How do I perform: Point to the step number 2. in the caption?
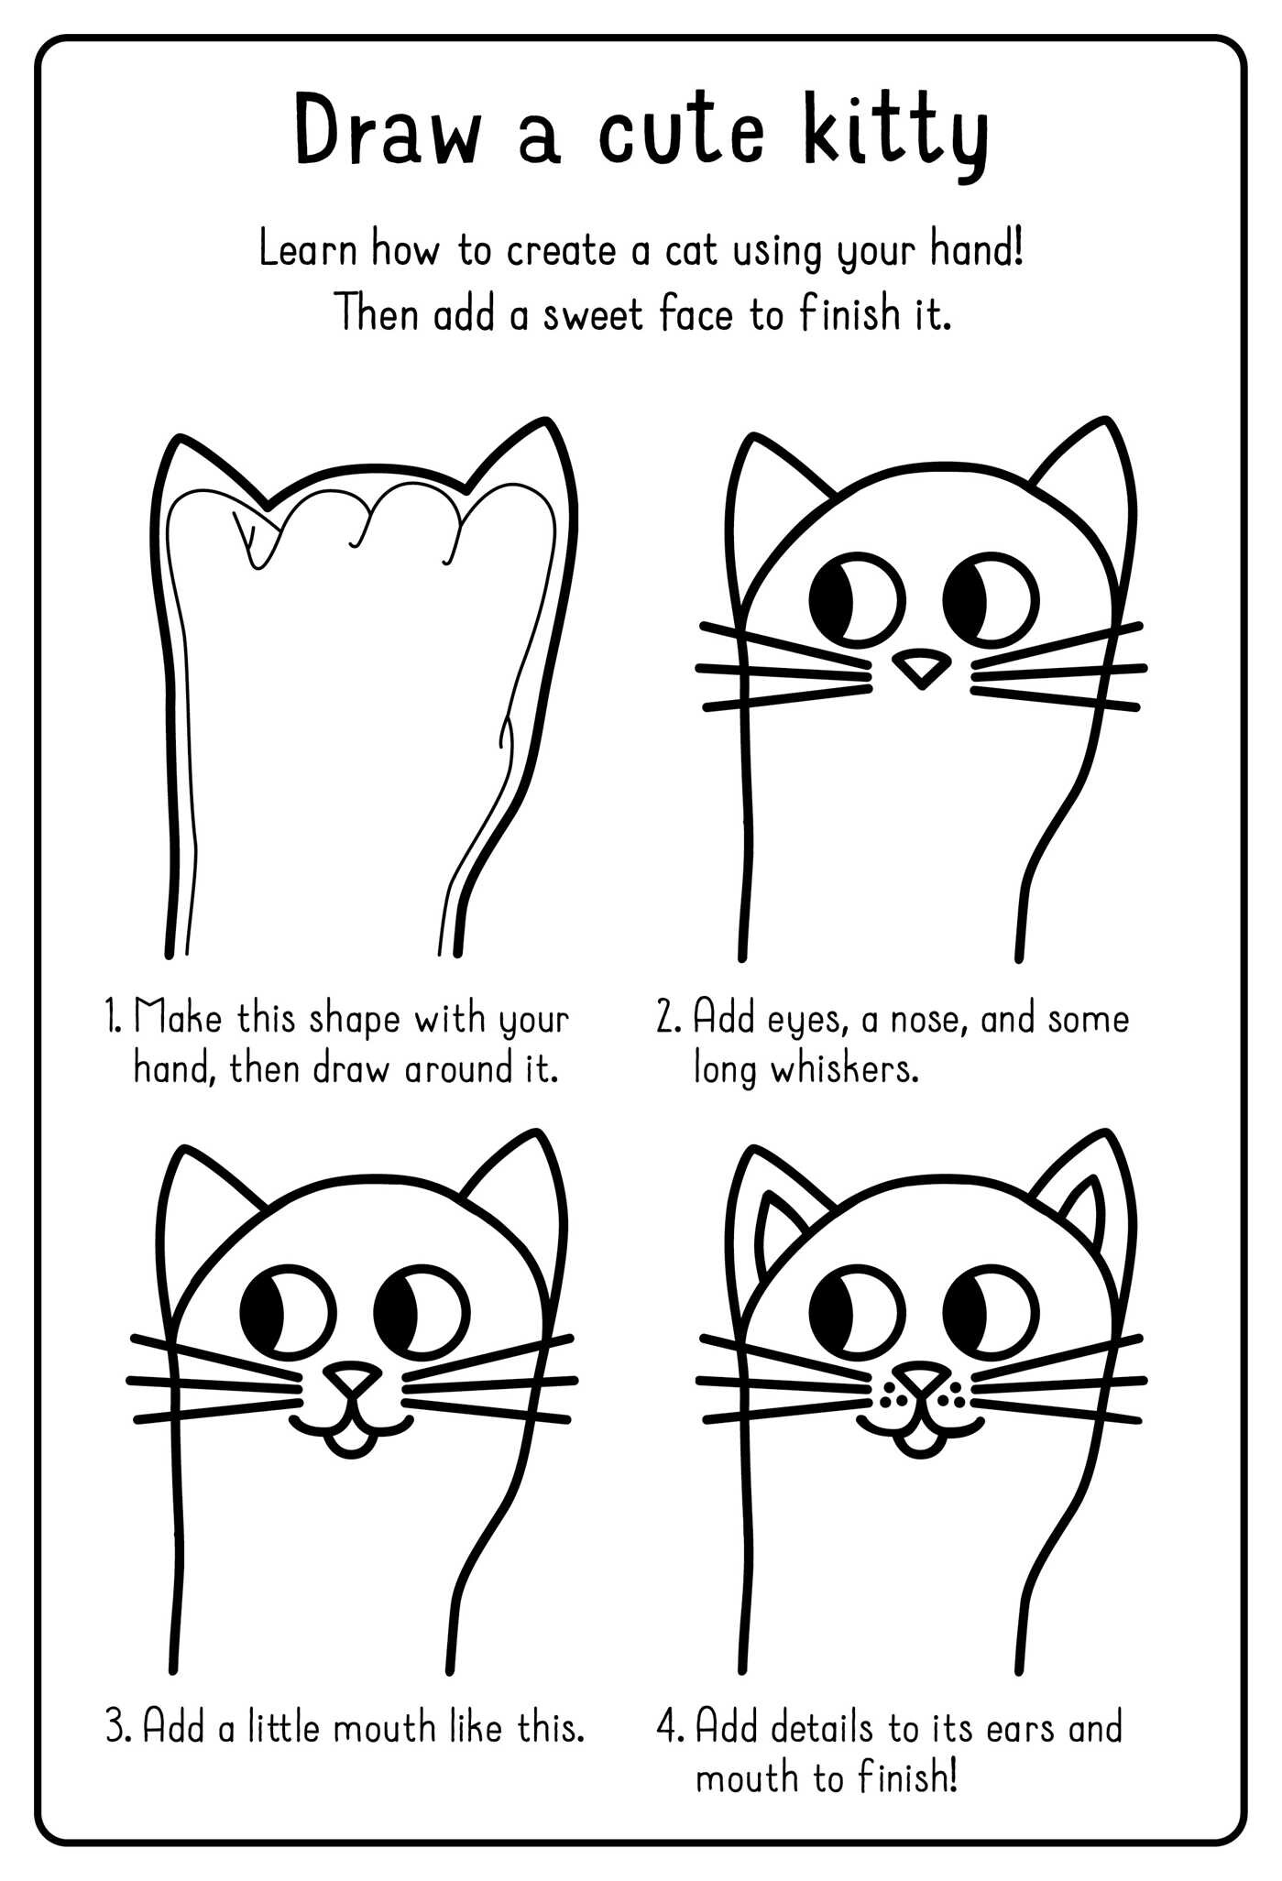tap(669, 1019)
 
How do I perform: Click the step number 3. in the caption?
tap(120, 1728)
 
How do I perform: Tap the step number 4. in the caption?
tap(671, 1728)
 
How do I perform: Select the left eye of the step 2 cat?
tap(858, 600)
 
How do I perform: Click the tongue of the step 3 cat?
tap(352, 1445)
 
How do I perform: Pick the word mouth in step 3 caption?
tap(384, 1728)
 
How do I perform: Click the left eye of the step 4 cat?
tap(858, 1312)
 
